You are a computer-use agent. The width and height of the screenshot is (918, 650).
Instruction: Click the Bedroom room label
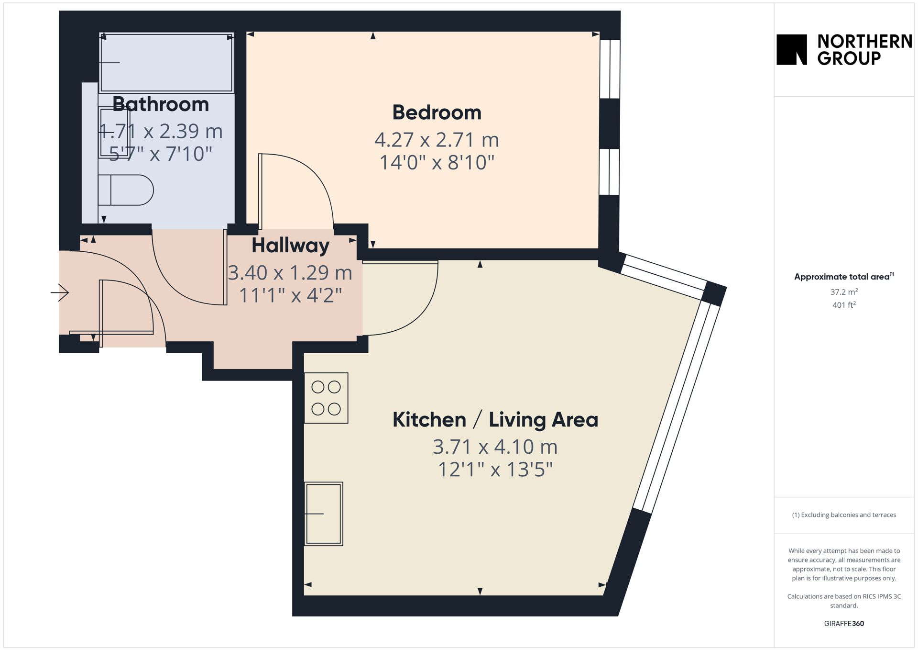pyautogui.click(x=437, y=112)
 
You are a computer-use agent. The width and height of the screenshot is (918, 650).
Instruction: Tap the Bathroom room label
pyautogui.click(x=161, y=104)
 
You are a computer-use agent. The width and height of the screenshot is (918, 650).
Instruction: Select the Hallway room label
pyautogui.click(x=290, y=246)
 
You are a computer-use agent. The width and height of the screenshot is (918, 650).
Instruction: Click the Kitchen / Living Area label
pyautogui.click(x=495, y=420)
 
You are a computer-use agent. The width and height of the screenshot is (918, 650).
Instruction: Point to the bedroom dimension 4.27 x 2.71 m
pyautogui.click(x=437, y=140)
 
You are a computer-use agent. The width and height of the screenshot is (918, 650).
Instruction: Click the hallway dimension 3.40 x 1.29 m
pyautogui.click(x=290, y=273)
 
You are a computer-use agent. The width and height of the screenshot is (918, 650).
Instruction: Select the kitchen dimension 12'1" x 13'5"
pyautogui.click(x=495, y=470)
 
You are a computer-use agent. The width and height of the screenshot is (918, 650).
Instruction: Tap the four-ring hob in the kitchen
pyautogui.click(x=326, y=398)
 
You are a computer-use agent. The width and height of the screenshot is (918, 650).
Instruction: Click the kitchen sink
pyautogui.click(x=324, y=514)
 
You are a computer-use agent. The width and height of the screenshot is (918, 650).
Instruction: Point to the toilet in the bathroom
pyautogui.click(x=125, y=190)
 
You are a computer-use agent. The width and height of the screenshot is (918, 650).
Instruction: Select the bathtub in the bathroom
pyautogui.click(x=166, y=62)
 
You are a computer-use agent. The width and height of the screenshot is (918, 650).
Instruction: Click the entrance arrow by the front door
pyautogui.click(x=60, y=292)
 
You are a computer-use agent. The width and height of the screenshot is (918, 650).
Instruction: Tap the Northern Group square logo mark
pyautogui.click(x=792, y=49)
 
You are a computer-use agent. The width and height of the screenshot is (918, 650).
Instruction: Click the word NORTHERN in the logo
pyautogui.click(x=864, y=42)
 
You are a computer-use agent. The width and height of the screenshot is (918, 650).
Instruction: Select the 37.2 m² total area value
pyautogui.click(x=844, y=291)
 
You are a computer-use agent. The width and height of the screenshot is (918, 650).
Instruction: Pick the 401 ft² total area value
pyautogui.click(x=844, y=305)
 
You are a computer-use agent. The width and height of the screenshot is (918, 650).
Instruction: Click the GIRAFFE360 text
pyautogui.click(x=844, y=623)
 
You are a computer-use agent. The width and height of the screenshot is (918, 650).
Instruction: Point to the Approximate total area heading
pyautogui.click(x=844, y=276)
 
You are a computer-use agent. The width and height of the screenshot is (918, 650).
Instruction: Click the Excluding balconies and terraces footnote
pyautogui.click(x=844, y=515)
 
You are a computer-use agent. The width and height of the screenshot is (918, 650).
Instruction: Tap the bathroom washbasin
pyautogui.click(x=114, y=133)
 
